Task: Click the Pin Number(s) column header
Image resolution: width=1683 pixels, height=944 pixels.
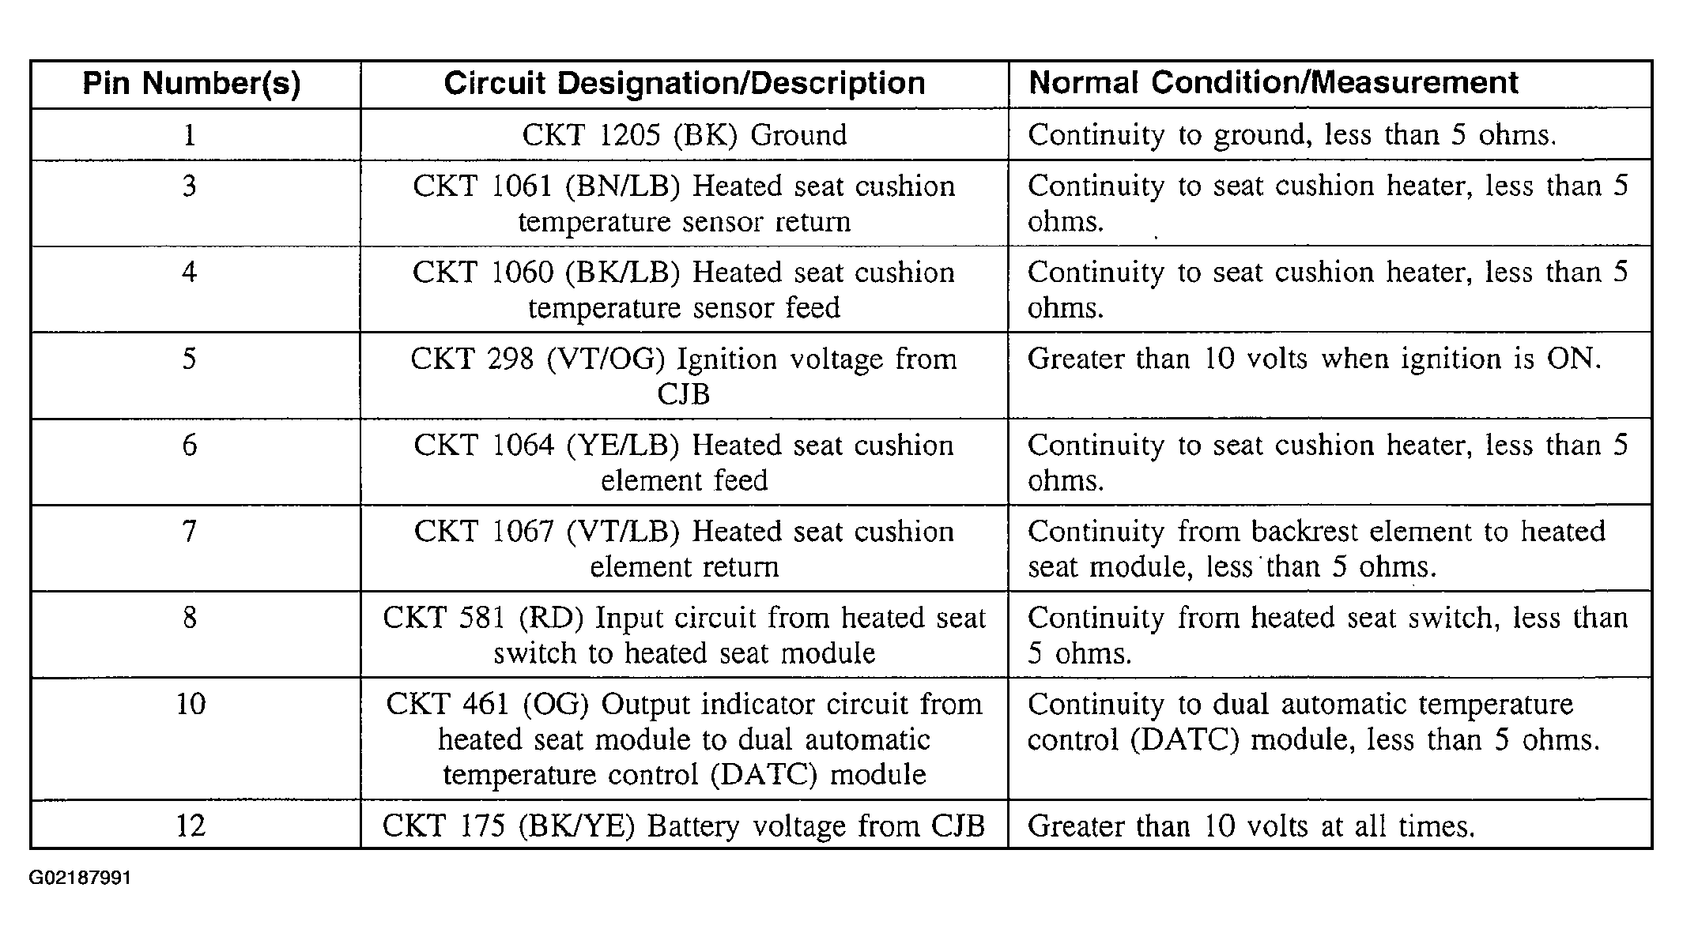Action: [x=191, y=84]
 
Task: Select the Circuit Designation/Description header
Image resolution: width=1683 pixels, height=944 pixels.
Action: [x=685, y=84]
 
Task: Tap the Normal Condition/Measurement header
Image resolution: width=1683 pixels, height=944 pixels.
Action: [x=1274, y=83]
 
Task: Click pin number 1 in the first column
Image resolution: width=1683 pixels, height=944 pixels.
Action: [x=190, y=135]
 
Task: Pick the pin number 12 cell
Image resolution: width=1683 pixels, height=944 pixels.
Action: [x=191, y=826]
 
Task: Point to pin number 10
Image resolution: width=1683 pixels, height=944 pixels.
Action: [x=191, y=704]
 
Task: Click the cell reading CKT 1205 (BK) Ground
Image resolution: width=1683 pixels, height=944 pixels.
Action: [x=685, y=135]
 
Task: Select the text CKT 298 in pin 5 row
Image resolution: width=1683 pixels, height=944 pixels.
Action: [x=472, y=359]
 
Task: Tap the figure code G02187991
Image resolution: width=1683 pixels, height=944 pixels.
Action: [x=81, y=878]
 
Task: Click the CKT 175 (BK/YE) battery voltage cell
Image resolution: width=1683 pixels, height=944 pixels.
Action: [x=684, y=826]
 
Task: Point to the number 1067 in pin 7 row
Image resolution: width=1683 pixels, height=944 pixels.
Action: [x=522, y=532]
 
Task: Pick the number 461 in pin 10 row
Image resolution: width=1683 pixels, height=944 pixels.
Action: [x=486, y=704]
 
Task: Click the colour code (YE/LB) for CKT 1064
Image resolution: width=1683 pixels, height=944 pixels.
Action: [x=623, y=446]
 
